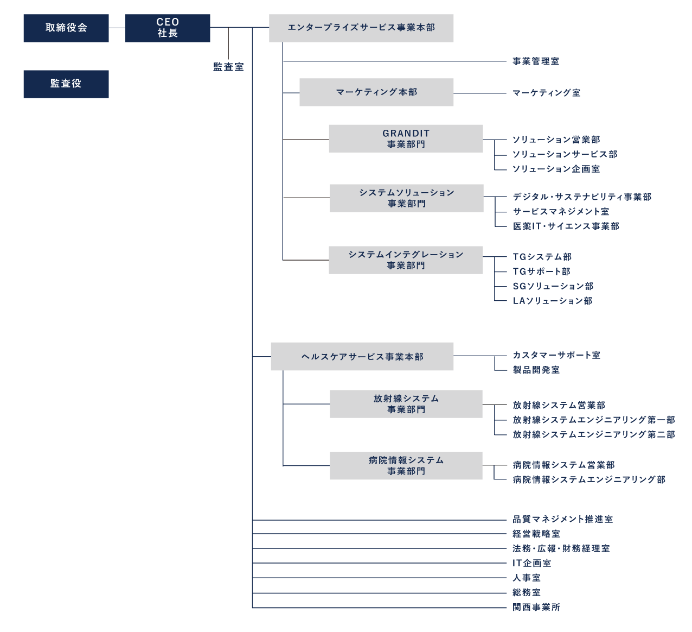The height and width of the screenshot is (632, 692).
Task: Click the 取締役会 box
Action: click(66, 28)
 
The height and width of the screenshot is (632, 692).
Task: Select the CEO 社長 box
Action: click(168, 28)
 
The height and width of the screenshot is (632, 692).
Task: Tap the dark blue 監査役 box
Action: click(66, 84)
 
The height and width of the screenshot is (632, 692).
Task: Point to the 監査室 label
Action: click(228, 67)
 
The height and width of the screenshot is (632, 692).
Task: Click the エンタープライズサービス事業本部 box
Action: click(361, 28)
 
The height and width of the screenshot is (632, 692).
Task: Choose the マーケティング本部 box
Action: click(376, 92)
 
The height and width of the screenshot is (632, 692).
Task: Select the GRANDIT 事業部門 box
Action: click(406, 139)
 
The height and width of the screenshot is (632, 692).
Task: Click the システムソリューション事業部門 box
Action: click(406, 198)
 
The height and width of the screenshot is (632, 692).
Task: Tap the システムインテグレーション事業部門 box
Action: click(406, 260)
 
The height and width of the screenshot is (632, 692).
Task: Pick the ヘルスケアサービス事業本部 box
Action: click(362, 357)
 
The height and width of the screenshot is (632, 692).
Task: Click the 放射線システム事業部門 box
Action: click(406, 404)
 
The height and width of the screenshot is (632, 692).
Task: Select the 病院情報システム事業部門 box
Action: click(406, 466)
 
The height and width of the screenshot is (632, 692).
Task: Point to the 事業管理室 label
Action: click(536, 61)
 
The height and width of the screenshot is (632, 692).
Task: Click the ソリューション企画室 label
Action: click(556, 169)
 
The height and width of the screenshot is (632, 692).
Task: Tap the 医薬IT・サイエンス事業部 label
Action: click(566, 226)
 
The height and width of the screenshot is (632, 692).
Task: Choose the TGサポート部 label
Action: click(541, 271)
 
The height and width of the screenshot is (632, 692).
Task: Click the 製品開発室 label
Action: click(536, 370)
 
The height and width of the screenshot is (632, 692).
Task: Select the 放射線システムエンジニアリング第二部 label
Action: click(594, 434)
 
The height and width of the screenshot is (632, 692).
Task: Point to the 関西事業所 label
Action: click(536, 607)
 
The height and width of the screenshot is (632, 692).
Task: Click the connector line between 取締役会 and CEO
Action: click(117, 28)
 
